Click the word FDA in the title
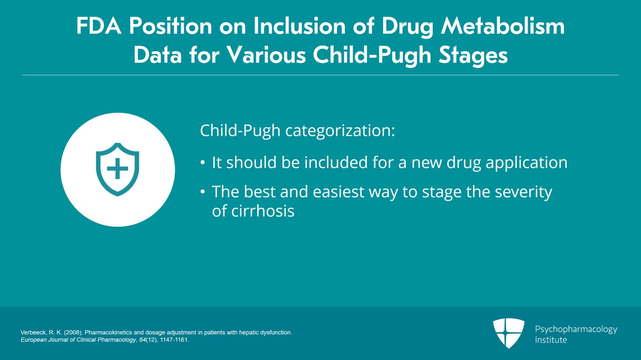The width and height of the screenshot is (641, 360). click(99, 26)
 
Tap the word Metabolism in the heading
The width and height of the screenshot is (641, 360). click(503, 26)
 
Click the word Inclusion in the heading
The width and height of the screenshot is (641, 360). click(300, 26)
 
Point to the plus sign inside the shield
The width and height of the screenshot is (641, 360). click(117, 169)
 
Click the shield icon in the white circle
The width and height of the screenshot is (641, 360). click(117, 169)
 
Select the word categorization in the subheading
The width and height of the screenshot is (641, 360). click(340, 131)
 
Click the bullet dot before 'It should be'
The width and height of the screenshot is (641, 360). click(203, 163)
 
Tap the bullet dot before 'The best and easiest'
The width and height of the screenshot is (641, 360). click(203, 192)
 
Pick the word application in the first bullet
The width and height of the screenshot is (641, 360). click(526, 163)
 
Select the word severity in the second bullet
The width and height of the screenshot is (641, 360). click(524, 192)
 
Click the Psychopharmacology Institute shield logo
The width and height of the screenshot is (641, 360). click(509, 333)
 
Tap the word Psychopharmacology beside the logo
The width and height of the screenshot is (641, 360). click(576, 330)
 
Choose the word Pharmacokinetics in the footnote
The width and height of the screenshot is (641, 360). click(109, 332)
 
